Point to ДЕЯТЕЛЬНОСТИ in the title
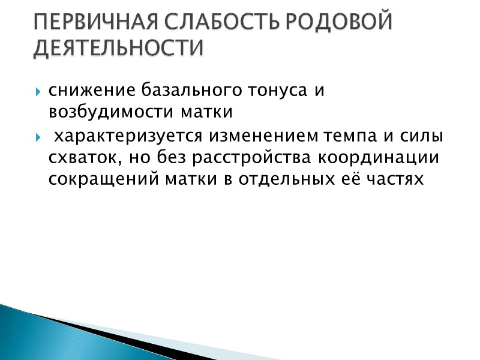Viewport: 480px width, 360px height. click(118, 48)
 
